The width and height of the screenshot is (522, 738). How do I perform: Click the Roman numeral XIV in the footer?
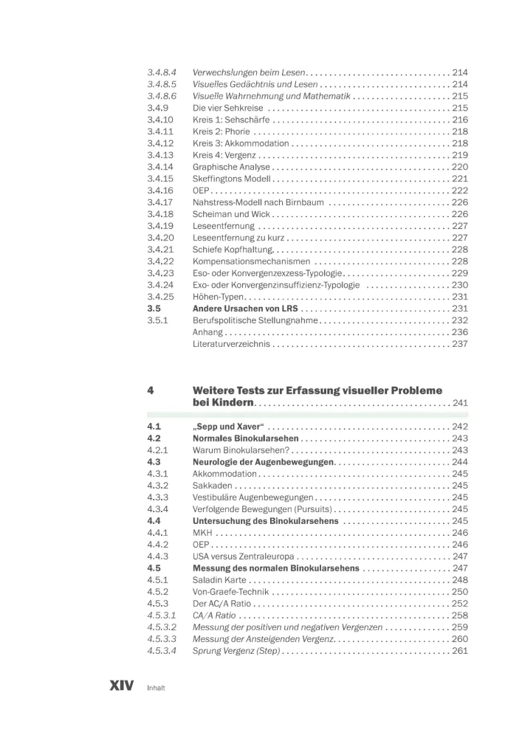(122, 686)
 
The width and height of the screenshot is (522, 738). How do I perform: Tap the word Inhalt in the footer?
(155, 688)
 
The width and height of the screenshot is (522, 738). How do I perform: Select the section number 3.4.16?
(160, 190)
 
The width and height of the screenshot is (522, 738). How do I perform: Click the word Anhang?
(207, 332)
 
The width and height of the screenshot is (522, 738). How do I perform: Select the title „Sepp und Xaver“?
(229, 427)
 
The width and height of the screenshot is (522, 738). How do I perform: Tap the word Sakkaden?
(213, 486)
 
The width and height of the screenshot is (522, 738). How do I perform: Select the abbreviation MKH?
(202, 533)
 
